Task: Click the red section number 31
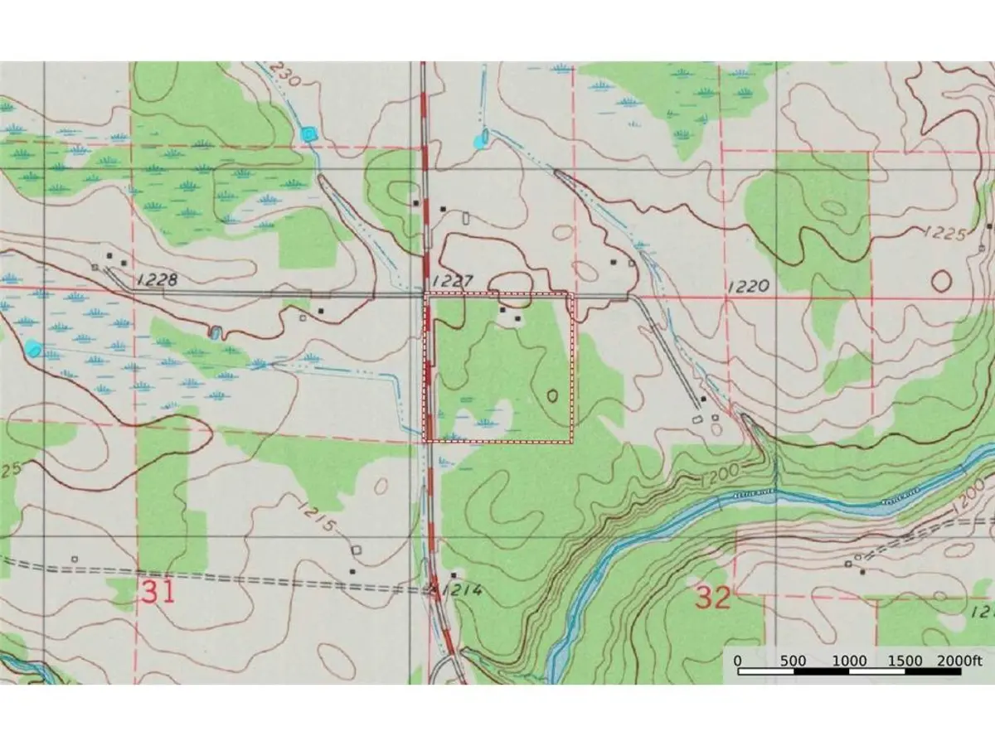point(158,592)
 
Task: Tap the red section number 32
point(712,597)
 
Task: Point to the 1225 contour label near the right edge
point(944,235)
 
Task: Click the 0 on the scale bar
point(737,660)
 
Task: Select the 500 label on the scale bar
point(794,660)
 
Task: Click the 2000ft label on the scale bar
point(959,660)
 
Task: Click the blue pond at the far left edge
point(33,348)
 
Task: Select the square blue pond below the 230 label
point(309,133)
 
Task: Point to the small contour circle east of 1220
point(941,280)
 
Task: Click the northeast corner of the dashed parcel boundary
point(572,293)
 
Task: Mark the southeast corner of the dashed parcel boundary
point(572,442)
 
